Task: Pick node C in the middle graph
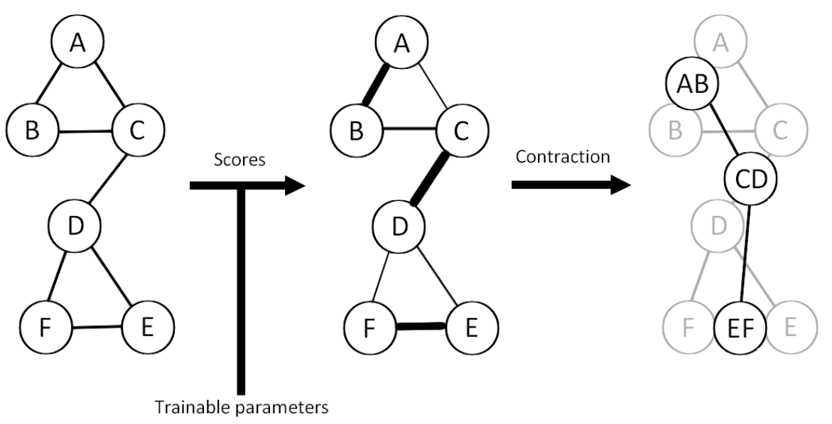click(x=459, y=129)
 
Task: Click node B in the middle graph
click(x=355, y=129)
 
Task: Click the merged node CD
click(x=751, y=177)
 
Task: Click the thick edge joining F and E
click(x=421, y=327)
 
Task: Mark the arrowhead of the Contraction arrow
click(x=618, y=185)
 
